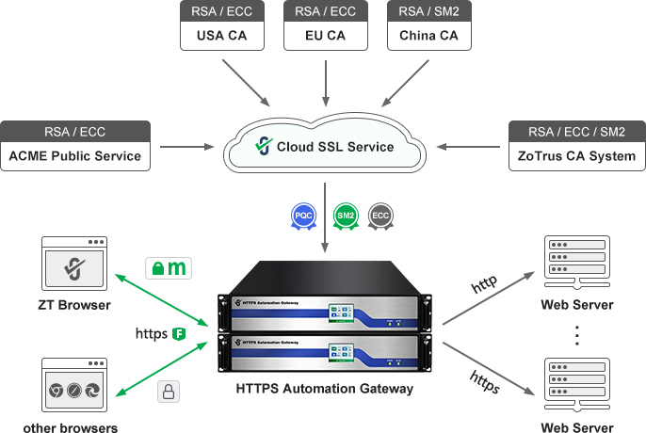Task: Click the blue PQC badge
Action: (301, 216)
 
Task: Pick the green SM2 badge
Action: (346, 216)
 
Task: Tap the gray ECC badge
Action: (380, 216)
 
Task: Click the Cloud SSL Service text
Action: (335, 147)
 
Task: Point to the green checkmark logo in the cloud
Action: (264, 146)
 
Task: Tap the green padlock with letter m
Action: (168, 268)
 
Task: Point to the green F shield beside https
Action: (178, 333)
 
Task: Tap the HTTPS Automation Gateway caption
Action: (325, 388)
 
